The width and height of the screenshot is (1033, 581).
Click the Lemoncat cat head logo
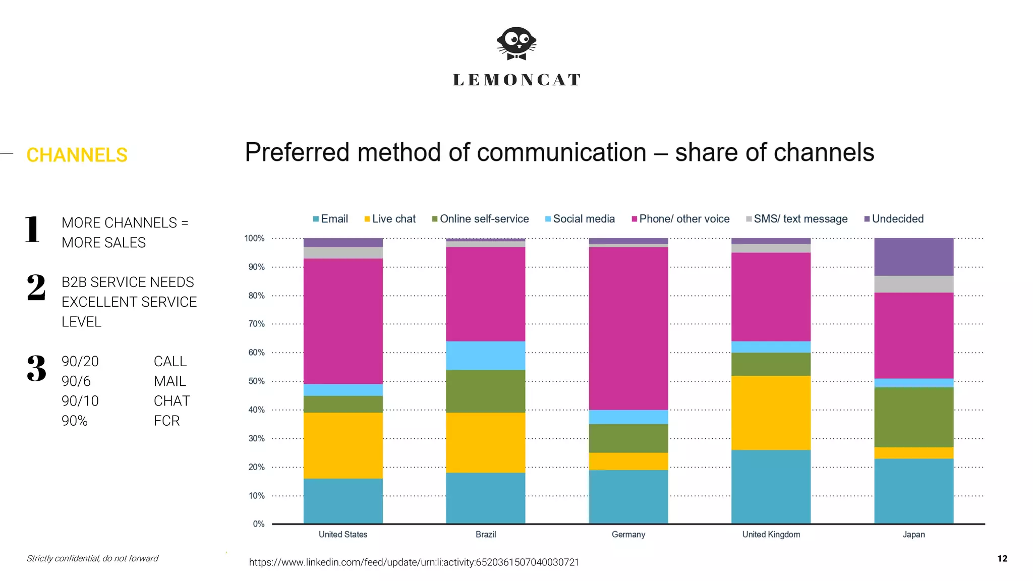coord(516,43)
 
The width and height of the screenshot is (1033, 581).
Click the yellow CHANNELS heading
coord(77,155)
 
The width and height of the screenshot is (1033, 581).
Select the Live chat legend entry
coord(390,219)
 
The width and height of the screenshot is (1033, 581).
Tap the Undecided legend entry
coord(894,219)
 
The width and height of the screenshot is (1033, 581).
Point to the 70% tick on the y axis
coord(256,324)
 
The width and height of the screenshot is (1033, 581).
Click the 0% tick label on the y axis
coord(258,524)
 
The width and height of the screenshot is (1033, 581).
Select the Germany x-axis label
coord(628,535)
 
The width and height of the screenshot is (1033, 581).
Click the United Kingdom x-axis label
coord(771,535)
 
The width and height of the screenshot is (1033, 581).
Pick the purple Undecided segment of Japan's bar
coord(913,257)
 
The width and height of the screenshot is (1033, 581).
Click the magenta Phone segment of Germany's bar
coord(628,328)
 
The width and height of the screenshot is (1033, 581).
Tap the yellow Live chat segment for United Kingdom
coord(771,413)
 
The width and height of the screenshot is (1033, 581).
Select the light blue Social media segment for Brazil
coord(485,356)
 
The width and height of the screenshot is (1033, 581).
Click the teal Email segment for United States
coord(343,501)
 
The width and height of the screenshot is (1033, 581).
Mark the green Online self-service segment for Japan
coord(913,417)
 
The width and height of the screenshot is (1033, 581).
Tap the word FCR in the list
coord(166,421)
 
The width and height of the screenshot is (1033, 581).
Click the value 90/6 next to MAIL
coord(76,381)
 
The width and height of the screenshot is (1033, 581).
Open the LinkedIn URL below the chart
coord(414,562)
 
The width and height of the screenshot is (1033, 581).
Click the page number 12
coord(1002,558)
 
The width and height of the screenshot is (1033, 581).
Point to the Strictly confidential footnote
coord(92,558)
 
